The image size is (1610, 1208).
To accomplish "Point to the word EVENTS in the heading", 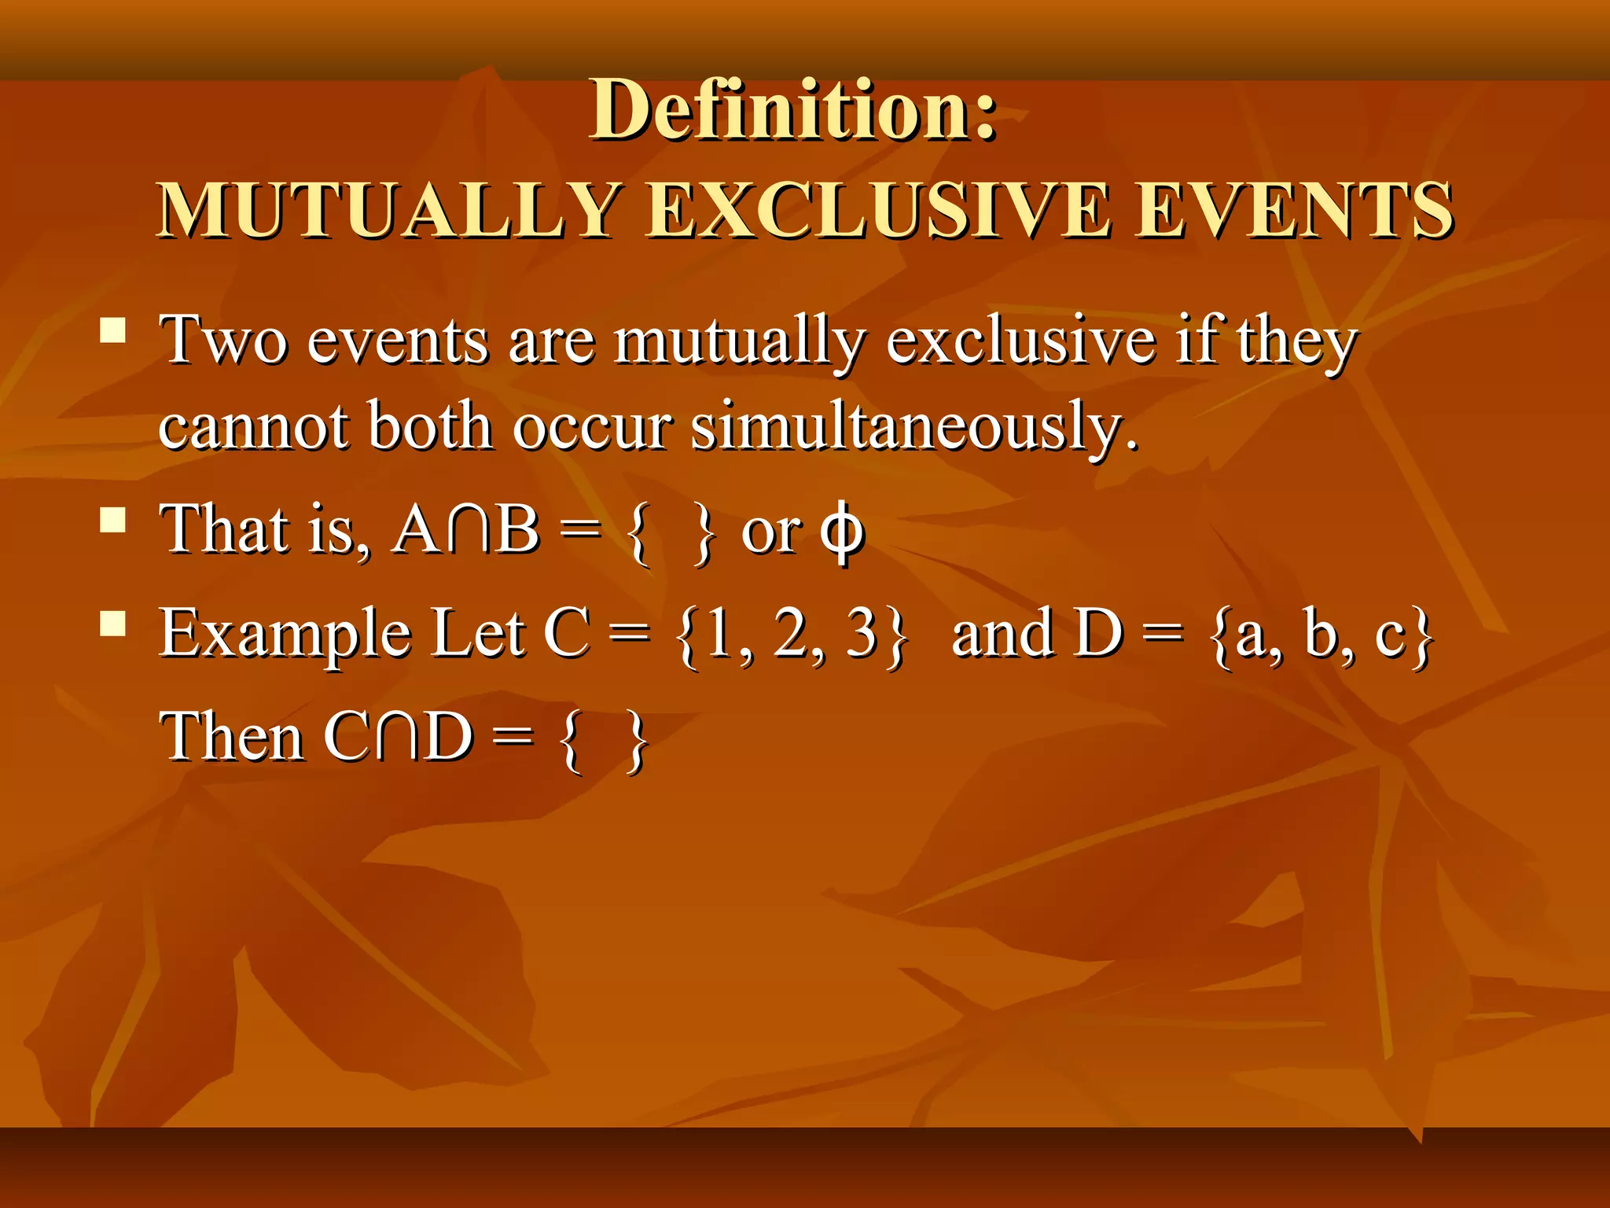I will [x=1294, y=211].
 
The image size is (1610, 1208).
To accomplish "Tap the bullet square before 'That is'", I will [x=114, y=520].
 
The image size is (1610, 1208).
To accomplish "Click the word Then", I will [x=231, y=738].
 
